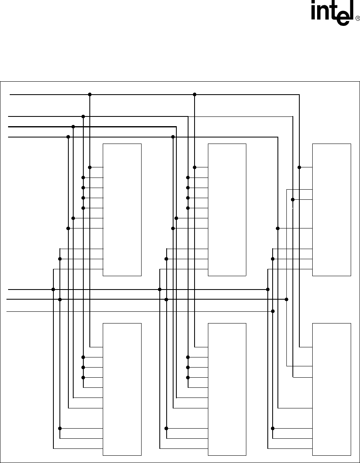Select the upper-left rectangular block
tap(122, 209)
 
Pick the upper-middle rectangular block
tap(227, 209)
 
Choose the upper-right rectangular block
tap(332, 209)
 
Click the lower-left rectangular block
tap(122, 389)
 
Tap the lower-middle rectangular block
tap(227, 389)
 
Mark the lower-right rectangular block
tap(332, 389)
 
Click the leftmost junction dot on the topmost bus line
tap(90, 95)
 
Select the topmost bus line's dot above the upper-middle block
tap(195, 95)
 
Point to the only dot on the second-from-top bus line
tap(83, 116)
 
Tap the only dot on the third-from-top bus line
tap(73, 127)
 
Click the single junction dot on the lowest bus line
tap(273, 311)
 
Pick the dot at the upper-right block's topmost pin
tap(299, 167)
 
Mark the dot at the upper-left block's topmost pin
tap(90, 167)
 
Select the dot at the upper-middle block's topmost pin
tap(195, 167)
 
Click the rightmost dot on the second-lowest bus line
tap(286, 299)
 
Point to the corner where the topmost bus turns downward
tap(299, 95)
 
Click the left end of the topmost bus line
tap(11, 95)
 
